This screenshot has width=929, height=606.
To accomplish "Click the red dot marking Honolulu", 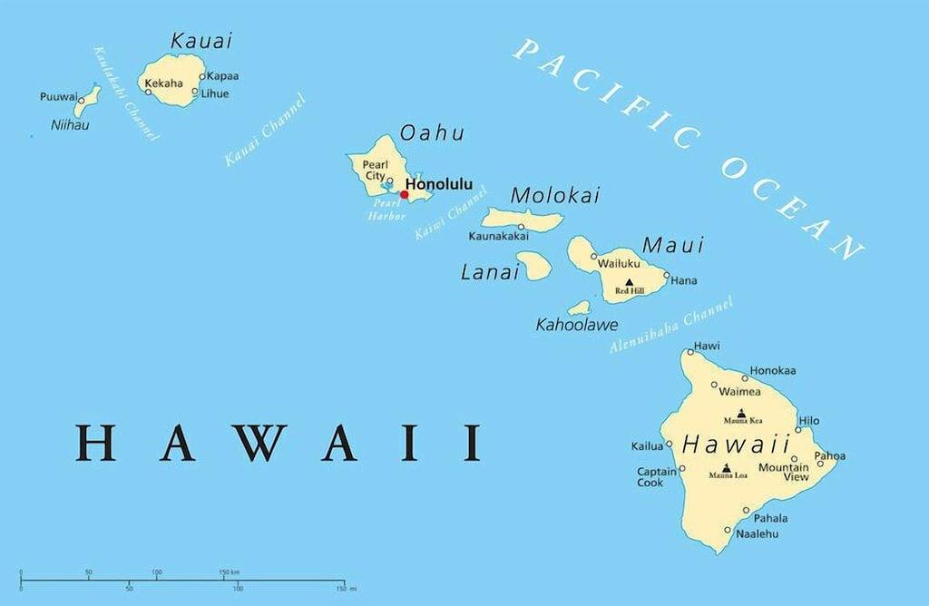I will [x=405, y=194].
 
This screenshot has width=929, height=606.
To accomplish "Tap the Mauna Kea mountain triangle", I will [x=741, y=413].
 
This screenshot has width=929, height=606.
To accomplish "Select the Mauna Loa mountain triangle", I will [x=726, y=467].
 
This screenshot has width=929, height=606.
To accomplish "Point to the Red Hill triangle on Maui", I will [x=629, y=282].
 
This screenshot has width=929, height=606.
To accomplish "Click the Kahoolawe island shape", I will [x=580, y=308].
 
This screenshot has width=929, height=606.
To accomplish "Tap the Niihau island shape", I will [x=87, y=102].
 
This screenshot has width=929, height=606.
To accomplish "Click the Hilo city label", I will [x=808, y=421].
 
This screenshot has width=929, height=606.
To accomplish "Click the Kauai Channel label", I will [x=265, y=131].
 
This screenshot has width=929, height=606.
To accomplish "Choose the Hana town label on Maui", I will [x=684, y=281].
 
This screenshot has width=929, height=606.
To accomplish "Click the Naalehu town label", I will [x=757, y=536].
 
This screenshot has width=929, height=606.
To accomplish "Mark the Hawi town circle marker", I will [x=689, y=352].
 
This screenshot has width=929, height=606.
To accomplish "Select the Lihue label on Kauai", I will [x=215, y=93].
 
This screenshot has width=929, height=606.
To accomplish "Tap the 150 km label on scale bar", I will [x=229, y=572].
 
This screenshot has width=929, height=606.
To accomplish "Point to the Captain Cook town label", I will [x=656, y=477].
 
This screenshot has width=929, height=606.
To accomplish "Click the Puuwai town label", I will [x=58, y=97].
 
